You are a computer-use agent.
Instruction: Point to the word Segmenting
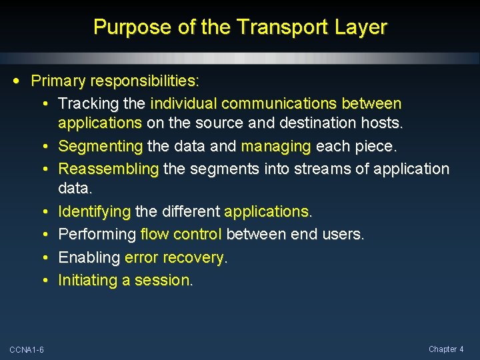(x=101, y=146)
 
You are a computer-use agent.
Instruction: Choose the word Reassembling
(x=109, y=169)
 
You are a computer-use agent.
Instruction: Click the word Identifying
(x=95, y=212)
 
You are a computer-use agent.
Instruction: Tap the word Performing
(x=97, y=235)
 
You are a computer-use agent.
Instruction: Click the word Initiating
(x=88, y=280)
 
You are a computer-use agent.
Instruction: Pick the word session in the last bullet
(x=162, y=280)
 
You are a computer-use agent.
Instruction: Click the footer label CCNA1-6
(x=27, y=350)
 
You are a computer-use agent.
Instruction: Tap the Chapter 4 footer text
(x=445, y=349)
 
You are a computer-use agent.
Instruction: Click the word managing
(x=276, y=146)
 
